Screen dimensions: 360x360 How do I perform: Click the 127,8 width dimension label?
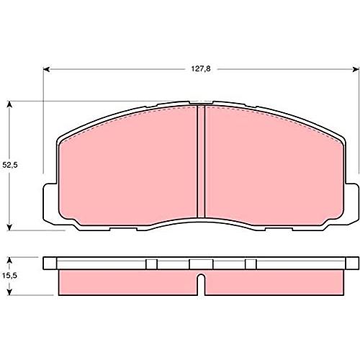201,69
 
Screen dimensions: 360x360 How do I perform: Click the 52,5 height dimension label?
10,165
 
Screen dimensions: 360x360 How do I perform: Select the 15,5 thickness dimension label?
9,276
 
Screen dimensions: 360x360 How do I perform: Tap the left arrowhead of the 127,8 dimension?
46,69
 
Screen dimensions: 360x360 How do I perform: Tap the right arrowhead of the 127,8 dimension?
356,69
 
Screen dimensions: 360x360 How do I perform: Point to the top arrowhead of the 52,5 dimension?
9,104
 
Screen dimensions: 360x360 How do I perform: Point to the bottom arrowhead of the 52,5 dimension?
9,228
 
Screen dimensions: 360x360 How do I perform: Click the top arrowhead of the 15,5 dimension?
9,261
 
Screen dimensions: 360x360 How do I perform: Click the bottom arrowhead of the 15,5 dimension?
9,292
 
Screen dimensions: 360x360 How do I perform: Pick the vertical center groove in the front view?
201,161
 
